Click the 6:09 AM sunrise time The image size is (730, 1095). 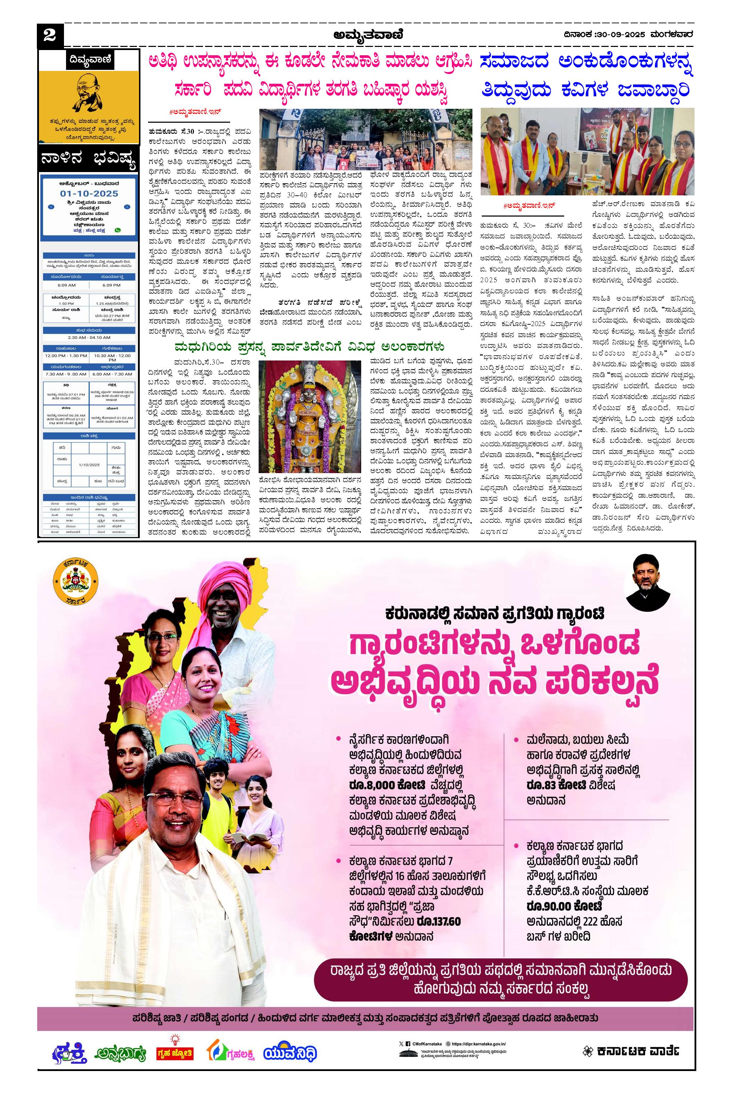pyautogui.click(x=66, y=285)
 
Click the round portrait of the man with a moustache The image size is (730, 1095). pyautogui.click(x=648, y=582)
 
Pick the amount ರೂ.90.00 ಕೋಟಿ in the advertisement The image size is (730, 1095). pyautogui.click(x=564, y=906)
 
